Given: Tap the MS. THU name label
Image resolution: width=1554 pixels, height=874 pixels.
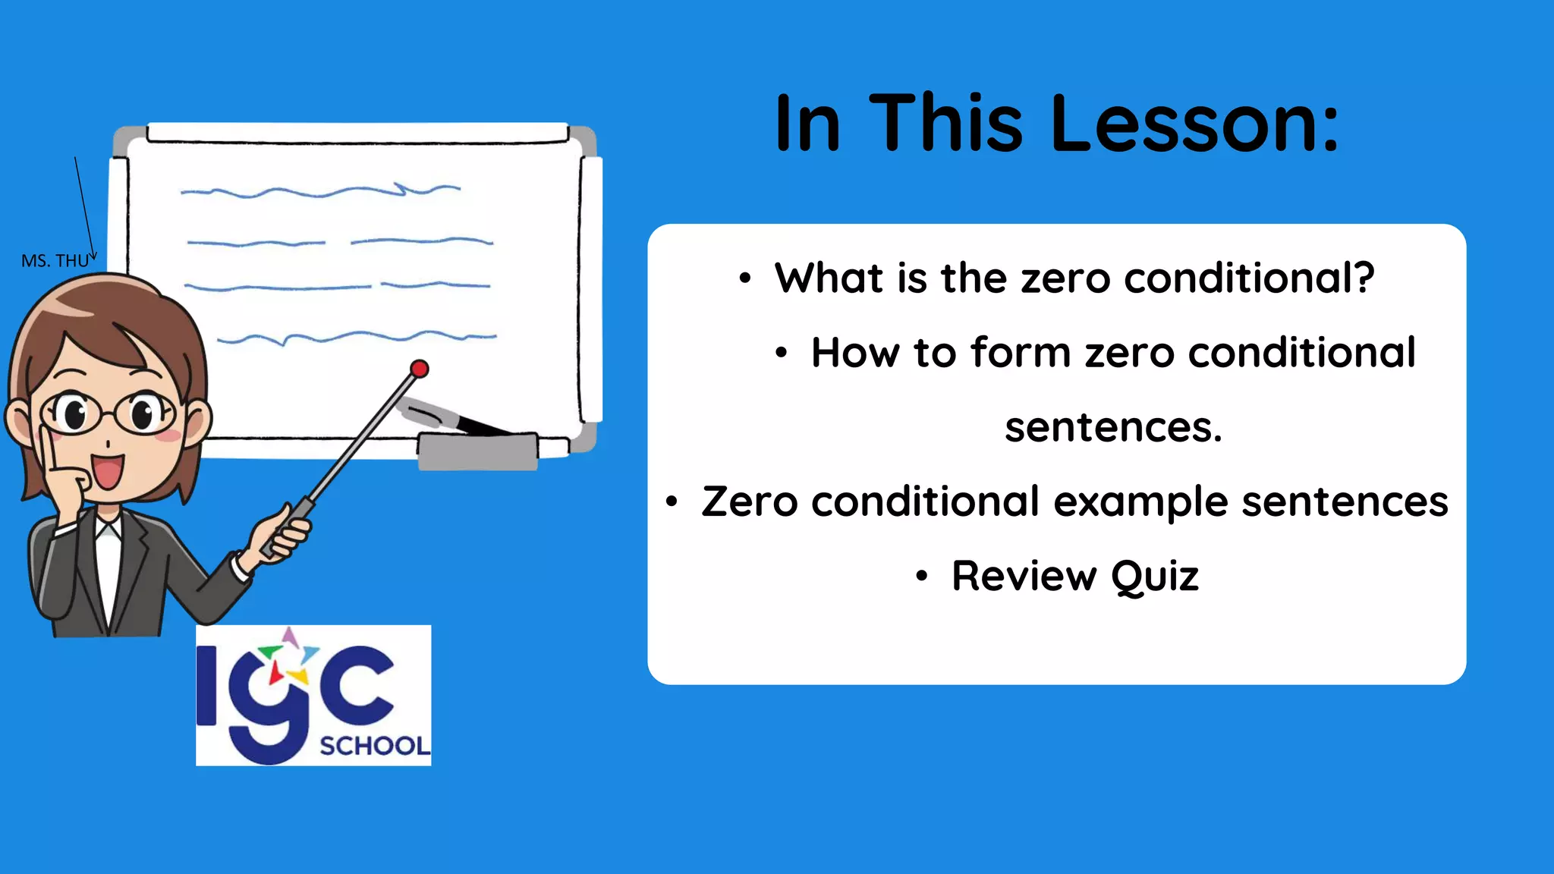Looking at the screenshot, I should tap(55, 261).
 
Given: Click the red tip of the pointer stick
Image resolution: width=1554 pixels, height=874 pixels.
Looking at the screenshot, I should tap(419, 369).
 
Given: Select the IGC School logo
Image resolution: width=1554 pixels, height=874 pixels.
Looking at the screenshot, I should tap(313, 695).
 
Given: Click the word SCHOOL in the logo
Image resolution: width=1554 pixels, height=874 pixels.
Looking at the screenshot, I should tap(375, 747).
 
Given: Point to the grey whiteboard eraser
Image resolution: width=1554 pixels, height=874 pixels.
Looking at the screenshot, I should tap(478, 451).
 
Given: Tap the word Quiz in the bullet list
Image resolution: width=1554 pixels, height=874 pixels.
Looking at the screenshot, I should tap(1155, 577).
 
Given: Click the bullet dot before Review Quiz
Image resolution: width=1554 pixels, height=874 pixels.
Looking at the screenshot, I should tap(921, 577).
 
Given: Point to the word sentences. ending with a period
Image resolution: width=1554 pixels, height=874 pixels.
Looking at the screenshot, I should tap(1113, 427).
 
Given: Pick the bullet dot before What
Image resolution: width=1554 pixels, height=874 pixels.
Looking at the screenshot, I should tap(745, 279).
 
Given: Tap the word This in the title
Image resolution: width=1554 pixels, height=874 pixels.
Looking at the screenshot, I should tap(946, 123).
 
